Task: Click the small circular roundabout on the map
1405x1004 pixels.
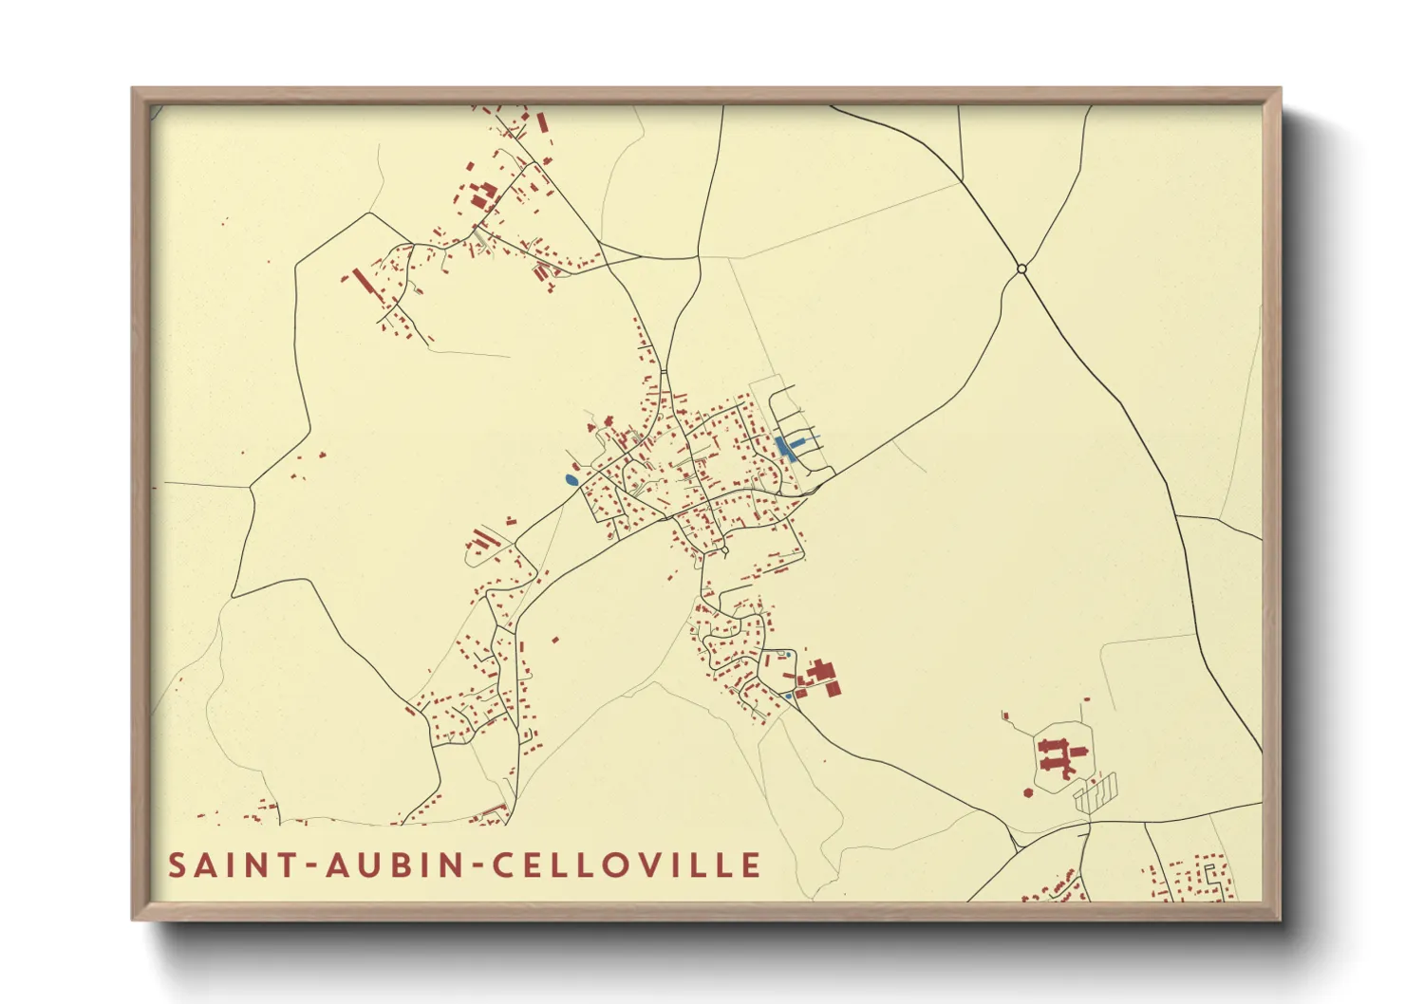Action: click(1021, 270)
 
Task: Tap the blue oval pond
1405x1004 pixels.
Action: click(571, 480)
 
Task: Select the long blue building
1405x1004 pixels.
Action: click(785, 448)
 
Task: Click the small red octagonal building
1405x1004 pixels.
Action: click(1028, 791)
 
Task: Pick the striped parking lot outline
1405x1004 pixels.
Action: click(1096, 792)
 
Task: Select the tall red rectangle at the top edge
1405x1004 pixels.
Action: click(542, 123)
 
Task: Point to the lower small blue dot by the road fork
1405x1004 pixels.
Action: click(788, 697)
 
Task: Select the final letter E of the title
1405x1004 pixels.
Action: click(752, 865)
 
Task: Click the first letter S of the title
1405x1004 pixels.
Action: click(177, 865)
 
